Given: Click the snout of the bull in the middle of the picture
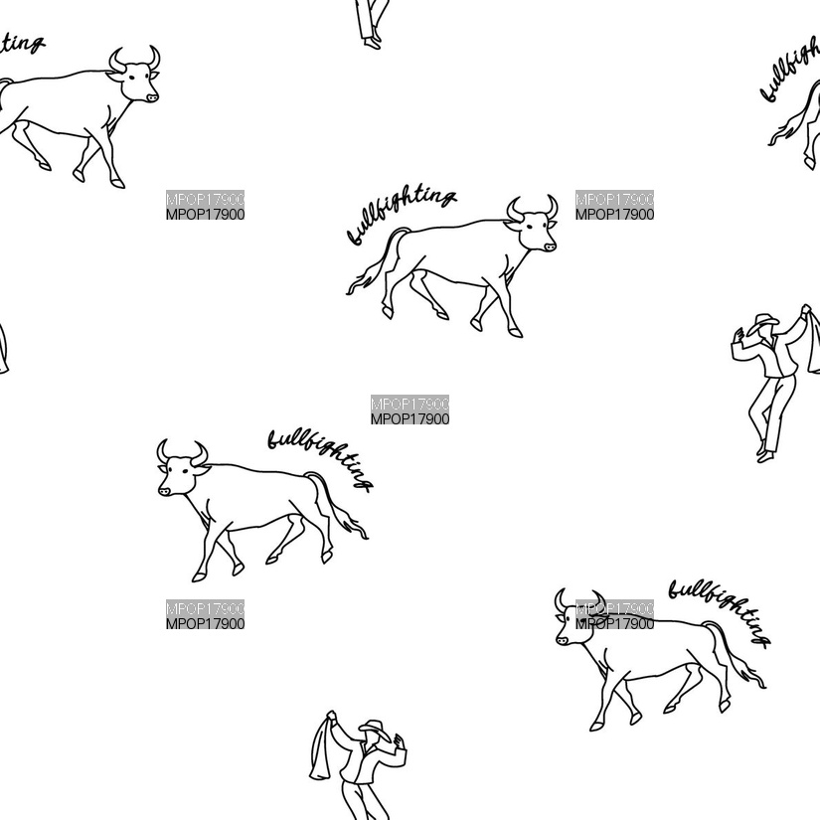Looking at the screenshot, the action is tap(549, 246).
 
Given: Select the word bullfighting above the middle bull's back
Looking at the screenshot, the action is tap(402, 215).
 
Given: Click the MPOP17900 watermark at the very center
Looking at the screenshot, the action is tap(410, 410).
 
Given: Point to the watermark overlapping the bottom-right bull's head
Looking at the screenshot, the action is tap(614, 614).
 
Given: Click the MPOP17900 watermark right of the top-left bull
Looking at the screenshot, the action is tap(205, 205).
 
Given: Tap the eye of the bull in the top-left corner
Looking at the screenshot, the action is tap(132, 78).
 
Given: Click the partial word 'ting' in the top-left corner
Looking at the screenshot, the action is tap(21, 43).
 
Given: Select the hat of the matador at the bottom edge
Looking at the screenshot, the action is tap(375, 727).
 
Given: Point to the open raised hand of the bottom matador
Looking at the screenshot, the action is tap(401, 741).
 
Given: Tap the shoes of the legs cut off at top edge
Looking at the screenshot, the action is tap(372, 43).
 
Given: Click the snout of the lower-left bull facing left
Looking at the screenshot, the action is tap(164, 491).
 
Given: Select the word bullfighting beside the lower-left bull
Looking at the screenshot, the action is tap(321, 458).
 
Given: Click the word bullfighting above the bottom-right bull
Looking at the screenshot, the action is tap(719, 611).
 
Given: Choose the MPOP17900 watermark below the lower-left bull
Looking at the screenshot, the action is tap(205, 614).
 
